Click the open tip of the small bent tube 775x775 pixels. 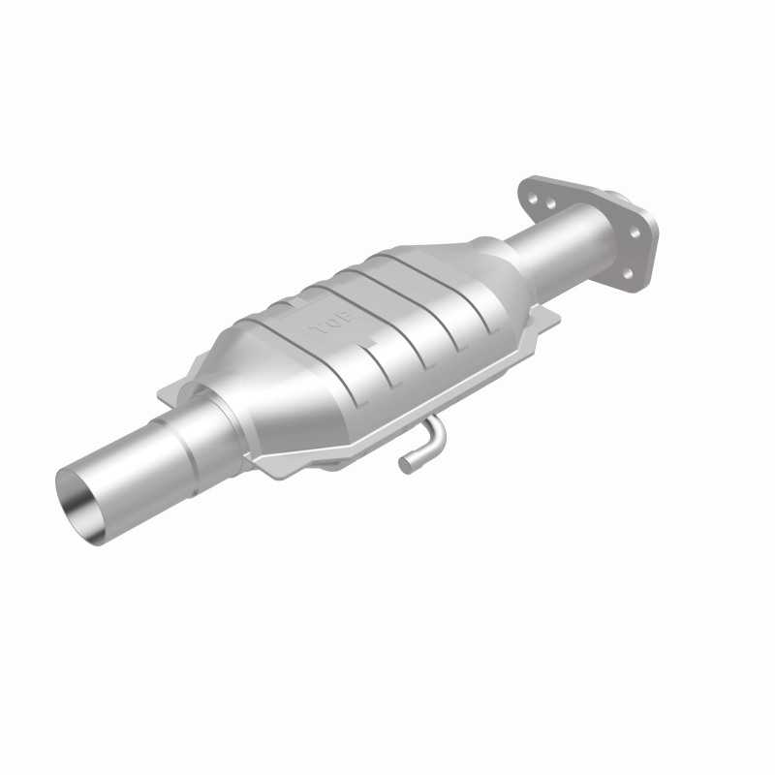[x=404, y=467]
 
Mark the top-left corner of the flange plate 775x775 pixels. [x=528, y=180]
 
